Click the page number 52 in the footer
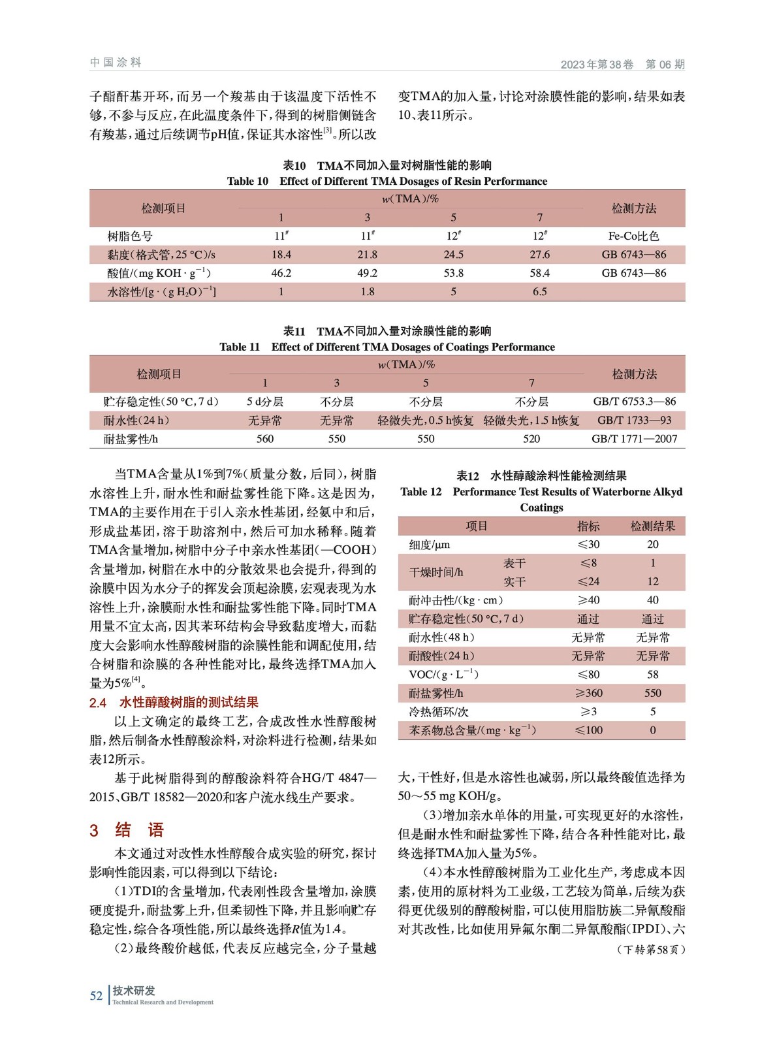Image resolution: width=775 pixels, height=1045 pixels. [96, 995]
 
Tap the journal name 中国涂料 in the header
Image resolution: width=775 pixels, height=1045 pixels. [116, 63]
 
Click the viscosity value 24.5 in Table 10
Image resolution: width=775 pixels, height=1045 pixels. [453, 255]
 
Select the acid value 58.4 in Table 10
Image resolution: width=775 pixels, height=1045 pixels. [539, 273]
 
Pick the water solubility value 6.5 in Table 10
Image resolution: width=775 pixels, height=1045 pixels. [539, 292]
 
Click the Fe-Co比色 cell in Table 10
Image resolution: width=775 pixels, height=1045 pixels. [633, 236]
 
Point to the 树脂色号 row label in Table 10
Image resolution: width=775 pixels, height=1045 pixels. [130, 236]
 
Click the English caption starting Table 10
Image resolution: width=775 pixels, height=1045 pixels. [387, 182]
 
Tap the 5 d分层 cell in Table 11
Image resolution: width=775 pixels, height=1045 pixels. [264, 402]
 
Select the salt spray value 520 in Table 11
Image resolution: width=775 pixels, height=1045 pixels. [531, 439]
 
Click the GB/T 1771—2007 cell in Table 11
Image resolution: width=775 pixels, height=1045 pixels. [634, 439]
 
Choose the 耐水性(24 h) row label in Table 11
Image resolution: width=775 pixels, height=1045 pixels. [136, 421]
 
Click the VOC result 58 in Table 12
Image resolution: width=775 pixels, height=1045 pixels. [652, 675]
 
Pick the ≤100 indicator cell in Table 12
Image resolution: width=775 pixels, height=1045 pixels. [588, 730]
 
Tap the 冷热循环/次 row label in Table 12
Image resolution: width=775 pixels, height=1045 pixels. [439, 712]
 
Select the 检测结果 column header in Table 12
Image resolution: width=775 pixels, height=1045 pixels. [652, 526]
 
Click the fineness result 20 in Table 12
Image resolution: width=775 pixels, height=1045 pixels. [652, 545]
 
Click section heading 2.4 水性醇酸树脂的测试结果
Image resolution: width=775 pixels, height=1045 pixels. [174, 703]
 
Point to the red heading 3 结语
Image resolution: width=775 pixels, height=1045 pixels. [127, 830]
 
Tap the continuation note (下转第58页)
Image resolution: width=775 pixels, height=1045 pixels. [651, 950]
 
